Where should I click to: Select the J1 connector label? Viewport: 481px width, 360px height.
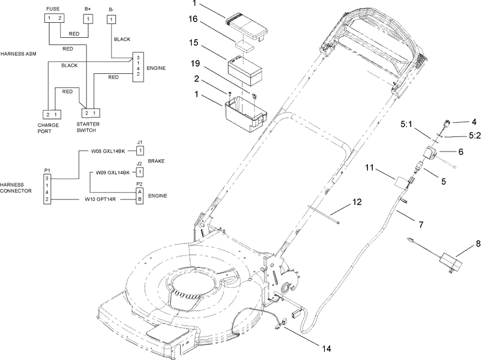click(139, 142)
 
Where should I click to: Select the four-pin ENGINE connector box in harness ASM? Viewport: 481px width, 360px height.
click(138, 66)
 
